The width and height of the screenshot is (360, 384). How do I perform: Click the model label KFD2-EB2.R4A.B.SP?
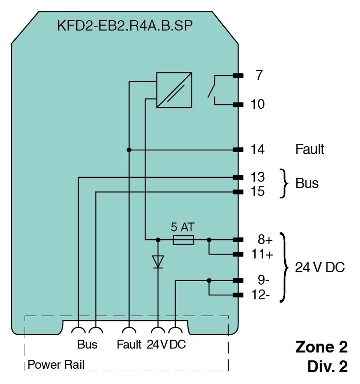click(125, 26)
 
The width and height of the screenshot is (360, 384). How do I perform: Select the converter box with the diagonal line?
click(174, 90)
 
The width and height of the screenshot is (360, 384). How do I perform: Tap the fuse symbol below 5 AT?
click(183, 240)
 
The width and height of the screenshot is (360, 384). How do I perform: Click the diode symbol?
click(158, 261)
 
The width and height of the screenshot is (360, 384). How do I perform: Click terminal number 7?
click(259, 76)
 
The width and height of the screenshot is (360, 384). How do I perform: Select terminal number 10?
click(257, 104)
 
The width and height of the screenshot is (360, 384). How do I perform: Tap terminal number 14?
click(257, 150)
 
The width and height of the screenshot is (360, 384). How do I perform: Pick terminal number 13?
click(257, 177)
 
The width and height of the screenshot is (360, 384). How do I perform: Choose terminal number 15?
click(257, 192)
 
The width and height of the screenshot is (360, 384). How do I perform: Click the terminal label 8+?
click(265, 240)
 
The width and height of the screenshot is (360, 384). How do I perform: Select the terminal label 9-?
click(264, 281)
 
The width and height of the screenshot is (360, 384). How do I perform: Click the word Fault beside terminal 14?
click(309, 149)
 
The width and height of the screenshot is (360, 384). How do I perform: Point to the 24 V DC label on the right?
click(320, 268)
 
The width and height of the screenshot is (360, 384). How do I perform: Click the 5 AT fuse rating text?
click(182, 227)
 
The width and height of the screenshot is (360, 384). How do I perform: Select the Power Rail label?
click(56, 365)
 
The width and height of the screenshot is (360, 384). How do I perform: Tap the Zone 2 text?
click(321, 347)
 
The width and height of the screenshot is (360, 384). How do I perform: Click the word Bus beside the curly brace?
click(307, 184)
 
